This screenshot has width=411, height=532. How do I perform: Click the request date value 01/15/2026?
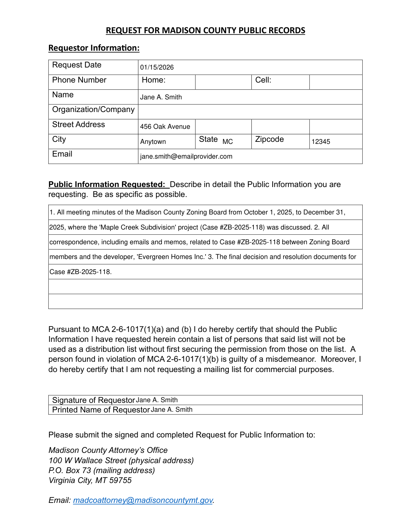(x=157, y=67)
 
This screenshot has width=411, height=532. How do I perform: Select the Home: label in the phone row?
(x=153, y=80)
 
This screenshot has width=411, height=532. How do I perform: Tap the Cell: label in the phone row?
(x=263, y=80)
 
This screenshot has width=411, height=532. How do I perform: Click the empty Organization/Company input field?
(x=250, y=112)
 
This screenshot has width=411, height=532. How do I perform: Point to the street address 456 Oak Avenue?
(x=165, y=127)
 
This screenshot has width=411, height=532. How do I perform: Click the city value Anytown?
(x=153, y=142)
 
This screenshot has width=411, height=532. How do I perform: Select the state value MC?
(x=227, y=142)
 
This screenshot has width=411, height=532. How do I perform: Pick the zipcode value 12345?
(x=321, y=142)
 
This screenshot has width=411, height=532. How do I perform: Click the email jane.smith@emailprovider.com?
(x=186, y=157)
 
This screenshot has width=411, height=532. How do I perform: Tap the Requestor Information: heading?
(x=94, y=48)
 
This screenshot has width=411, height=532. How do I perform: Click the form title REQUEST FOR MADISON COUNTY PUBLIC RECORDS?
(x=205, y=30)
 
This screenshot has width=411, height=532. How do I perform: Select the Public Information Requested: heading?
(x=107, y=185)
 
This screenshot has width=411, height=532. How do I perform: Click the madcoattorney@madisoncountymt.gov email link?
(x=143, y=500)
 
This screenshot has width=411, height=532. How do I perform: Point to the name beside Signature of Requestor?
(x=157, y=400)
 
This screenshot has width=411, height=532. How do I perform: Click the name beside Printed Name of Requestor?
(x=172, y=410)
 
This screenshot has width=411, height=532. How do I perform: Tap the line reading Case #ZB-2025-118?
(x=80, y=272)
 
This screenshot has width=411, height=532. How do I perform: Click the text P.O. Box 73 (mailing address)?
(x=101, y=471)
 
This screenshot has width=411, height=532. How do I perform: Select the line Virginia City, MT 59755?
(x=90, y=481)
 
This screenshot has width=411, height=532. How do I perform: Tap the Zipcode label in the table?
(x=269, y=139)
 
